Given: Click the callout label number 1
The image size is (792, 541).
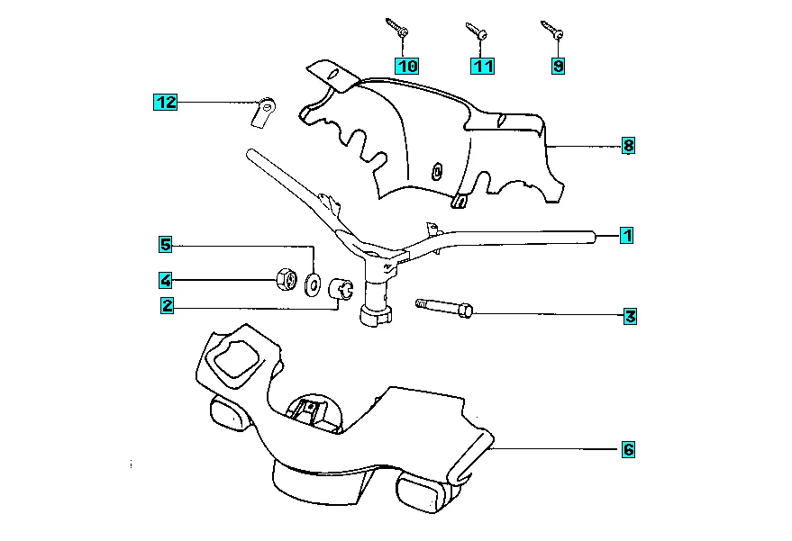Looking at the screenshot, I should coord(627,236).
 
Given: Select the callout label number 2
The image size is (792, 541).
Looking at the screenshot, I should coord(167,305).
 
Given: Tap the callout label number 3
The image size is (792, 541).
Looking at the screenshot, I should coord(630,316).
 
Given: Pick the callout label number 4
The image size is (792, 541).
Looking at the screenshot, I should coord(167,279).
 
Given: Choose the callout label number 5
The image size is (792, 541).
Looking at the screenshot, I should coord(166,244).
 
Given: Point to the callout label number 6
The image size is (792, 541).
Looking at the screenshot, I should coord(628,448).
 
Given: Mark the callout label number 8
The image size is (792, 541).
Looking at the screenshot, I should coord(628,145).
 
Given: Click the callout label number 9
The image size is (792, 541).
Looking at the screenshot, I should coord(559,65).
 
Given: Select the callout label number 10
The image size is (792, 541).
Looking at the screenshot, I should coord(406,66).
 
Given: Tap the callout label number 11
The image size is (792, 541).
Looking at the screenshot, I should coord(482,65).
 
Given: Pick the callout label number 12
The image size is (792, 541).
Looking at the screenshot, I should coord(164,103).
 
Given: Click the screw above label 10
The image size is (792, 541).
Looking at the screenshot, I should coord(397,27).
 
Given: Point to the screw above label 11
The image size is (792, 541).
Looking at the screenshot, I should coord(476,30).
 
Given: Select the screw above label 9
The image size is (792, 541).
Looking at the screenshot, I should coord(552,30).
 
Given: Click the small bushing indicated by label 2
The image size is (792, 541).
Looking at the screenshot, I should coord(340,289).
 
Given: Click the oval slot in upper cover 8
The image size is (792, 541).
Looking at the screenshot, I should coord(438,171).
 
